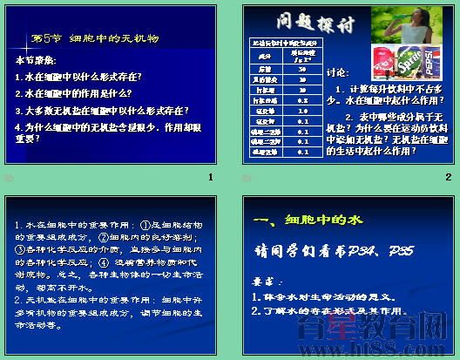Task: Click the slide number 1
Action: [x=211, y=177]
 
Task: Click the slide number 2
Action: [x=448, y=177]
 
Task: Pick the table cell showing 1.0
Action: [x=284, y=110]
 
